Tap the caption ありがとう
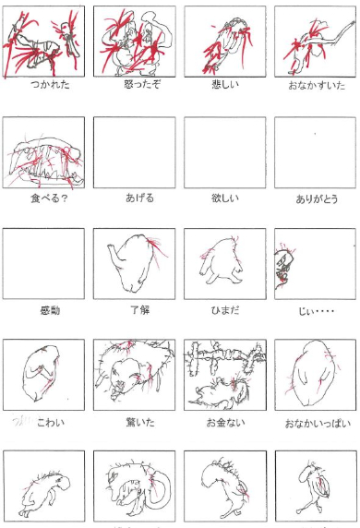pos(315,197)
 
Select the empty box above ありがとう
pos(315,152)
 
